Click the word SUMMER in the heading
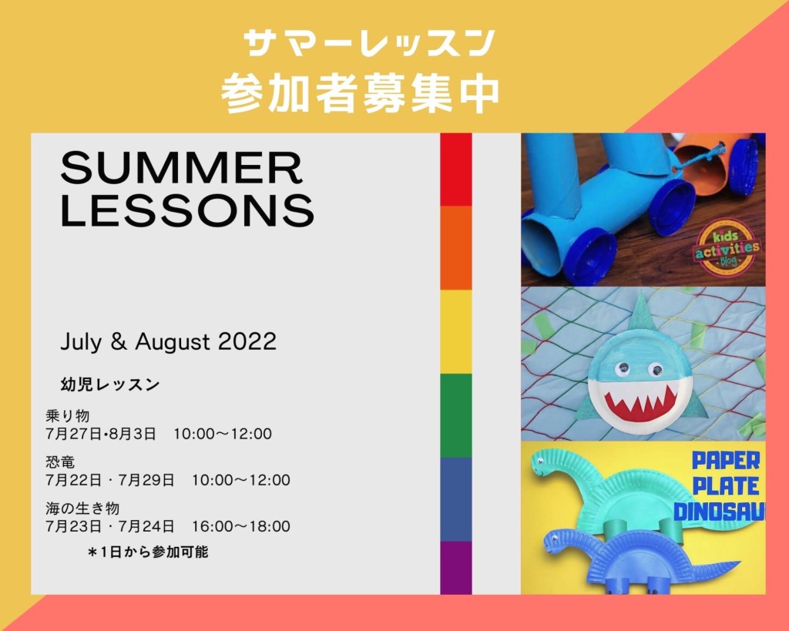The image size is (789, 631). coord(182,167)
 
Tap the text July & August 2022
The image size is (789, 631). coord(169,341)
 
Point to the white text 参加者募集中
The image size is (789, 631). coord(361,93)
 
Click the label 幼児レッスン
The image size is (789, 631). coord(110,384)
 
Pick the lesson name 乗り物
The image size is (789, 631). coord(68,415)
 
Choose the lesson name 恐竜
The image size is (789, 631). coord(60,462)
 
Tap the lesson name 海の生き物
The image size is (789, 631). coord(82,508)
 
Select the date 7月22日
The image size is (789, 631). coord(73,480)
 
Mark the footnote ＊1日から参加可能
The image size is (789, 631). coord(147,552)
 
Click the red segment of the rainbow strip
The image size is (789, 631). coord(456,169)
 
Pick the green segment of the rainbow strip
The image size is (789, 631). coord(456,415)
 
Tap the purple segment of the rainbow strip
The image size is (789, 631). coord(456,568)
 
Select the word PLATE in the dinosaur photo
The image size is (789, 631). coord(725,486)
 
